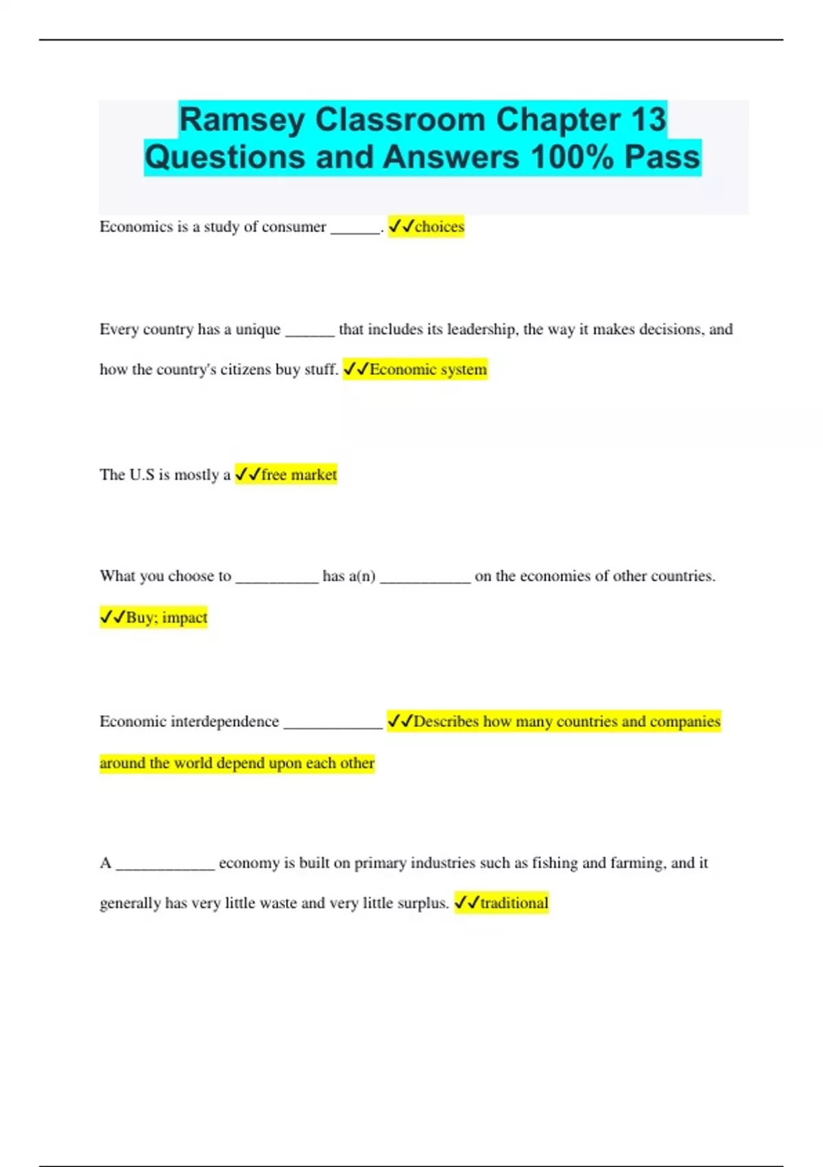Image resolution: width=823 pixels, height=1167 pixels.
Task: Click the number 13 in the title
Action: pyautogui.click(x=648, y=119)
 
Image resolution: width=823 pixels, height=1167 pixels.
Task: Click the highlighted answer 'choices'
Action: pyautogui.click(x=439, y=227)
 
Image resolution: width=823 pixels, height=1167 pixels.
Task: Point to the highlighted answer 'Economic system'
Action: pyautogui.click(x=428, y=369)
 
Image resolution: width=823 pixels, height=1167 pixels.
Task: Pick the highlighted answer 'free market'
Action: pyautogui.click(x=298, y=474)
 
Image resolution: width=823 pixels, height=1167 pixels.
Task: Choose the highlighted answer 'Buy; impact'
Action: pyautogui.click(x=166, y=617)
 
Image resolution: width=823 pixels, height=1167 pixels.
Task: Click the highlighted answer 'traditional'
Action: pyautogui.click(x=514, y=903)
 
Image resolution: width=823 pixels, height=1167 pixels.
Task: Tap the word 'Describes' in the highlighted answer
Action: pyautogui.click(x=446, y=721)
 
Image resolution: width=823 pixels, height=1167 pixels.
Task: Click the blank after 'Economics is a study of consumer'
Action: pyautogui.click(x=355, y=229)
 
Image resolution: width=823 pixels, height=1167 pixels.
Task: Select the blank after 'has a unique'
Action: pyautogui.click(x=309, y=332)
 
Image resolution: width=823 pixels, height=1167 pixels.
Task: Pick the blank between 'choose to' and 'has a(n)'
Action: pyautogui.click(x=277, y=578)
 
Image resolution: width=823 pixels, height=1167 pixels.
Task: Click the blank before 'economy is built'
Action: pyautogui.click(x=165, y=865)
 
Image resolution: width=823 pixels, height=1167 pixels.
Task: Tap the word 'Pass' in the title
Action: pyautogui.click(x=662, y=157)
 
